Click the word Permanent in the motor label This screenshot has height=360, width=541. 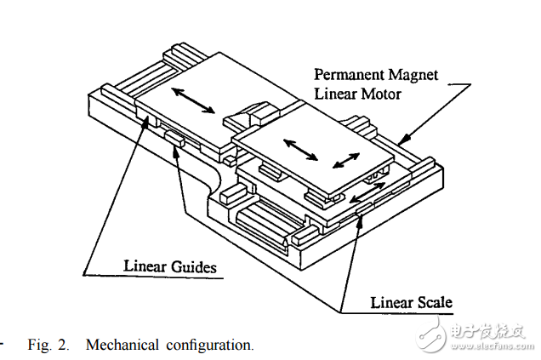click(x=349, y=75)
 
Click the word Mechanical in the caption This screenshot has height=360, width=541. click(x=122, y=345)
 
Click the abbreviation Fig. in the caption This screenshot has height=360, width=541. click(x=39, y=346)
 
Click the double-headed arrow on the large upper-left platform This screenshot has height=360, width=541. click(x=193, y=100)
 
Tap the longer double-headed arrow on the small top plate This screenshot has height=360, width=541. click(x=300, y=150)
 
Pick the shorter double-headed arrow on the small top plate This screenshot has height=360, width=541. click(x=346, y=161)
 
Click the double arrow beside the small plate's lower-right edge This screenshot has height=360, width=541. click(x=367, y=192)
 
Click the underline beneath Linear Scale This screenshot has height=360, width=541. click(x=396, y=313)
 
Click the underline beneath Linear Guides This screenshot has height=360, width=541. click(x=153, y=277)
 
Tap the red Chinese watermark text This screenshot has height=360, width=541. click(x=488, y=331)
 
